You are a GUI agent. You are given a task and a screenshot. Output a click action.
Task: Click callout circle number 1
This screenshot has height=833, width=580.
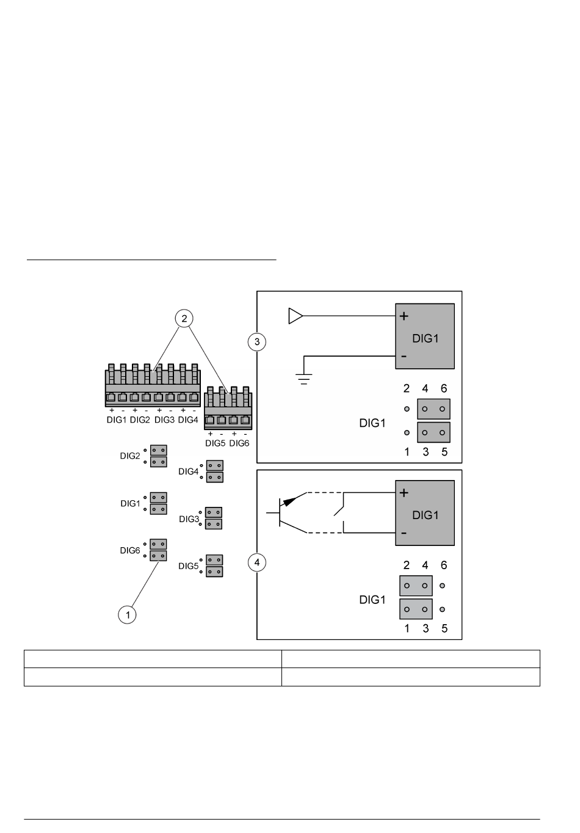point(127,615)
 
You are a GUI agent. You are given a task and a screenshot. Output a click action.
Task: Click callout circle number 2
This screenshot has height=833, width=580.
point(184,319)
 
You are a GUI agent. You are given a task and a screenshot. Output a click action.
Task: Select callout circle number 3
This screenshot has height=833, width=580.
point(257,342)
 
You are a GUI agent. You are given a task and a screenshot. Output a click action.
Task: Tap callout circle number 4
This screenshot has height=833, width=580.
point(257,562)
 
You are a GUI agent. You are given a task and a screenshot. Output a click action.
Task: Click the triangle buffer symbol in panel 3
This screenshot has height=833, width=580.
point(296,316)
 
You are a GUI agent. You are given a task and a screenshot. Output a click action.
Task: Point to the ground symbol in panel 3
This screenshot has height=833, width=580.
point(304,379)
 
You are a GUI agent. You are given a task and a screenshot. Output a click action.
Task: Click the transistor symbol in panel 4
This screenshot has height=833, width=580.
point(287,513)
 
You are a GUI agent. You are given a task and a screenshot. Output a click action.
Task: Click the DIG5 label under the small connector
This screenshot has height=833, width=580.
point(216,443)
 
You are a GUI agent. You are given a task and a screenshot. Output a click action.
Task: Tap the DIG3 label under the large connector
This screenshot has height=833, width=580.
point(164,420)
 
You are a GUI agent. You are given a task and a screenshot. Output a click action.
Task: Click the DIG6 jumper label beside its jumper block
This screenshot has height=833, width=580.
point(130,550)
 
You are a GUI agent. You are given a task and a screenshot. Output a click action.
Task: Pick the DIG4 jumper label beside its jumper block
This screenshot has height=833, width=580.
point(189,471)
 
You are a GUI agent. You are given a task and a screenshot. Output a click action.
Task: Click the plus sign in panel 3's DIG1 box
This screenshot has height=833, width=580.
point(404,316)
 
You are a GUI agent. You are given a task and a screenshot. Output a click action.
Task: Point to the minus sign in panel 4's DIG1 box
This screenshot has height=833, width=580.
point(404,533)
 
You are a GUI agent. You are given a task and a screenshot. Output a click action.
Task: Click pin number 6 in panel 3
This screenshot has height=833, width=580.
point(444,388)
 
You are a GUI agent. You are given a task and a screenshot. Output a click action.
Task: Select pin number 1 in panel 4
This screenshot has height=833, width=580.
point(407,628)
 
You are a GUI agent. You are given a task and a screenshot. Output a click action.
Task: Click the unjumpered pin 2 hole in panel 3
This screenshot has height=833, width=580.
point(407,409)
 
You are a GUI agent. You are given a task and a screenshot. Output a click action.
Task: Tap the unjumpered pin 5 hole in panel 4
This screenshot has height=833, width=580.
point(442,609)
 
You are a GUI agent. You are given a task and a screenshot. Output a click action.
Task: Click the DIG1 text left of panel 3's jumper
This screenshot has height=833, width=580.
point(372,423)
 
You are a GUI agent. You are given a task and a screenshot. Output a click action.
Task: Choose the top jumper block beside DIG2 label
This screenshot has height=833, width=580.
point(158,450)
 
